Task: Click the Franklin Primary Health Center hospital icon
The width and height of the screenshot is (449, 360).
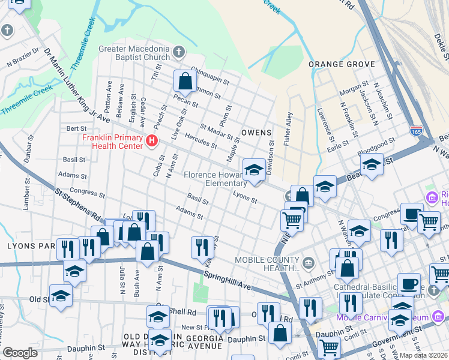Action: click(152, 141)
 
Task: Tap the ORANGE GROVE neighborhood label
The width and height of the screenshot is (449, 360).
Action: click(342, 64)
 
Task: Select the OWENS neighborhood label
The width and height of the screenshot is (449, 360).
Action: click(256, 132)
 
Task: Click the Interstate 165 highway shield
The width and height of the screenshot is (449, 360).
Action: click(416, 130)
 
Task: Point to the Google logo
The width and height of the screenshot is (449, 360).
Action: click(20, 353)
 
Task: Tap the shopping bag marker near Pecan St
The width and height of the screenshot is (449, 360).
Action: click(185, 81)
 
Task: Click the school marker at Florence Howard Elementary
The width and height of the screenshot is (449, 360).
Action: click(254, 169)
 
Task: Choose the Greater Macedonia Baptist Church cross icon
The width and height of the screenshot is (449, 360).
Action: click(178, 53)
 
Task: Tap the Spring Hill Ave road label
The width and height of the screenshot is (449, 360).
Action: click(227, 278)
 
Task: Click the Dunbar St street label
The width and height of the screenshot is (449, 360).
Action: click(29, 151)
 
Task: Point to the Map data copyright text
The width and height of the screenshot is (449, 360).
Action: click(424, 355)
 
